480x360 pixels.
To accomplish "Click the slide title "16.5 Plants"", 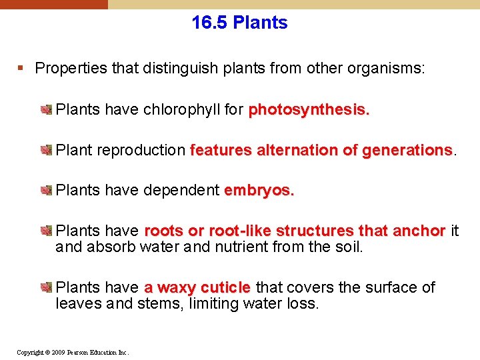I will tap(239, 23).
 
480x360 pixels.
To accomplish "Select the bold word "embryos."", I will tap(259, 191).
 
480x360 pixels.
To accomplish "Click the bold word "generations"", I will tap(407, 150).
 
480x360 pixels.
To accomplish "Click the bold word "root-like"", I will tap(240, 231).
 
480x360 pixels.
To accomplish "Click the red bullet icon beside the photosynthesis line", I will tap(47, 109).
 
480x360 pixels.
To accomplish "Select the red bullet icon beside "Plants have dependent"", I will tap(47, 191).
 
